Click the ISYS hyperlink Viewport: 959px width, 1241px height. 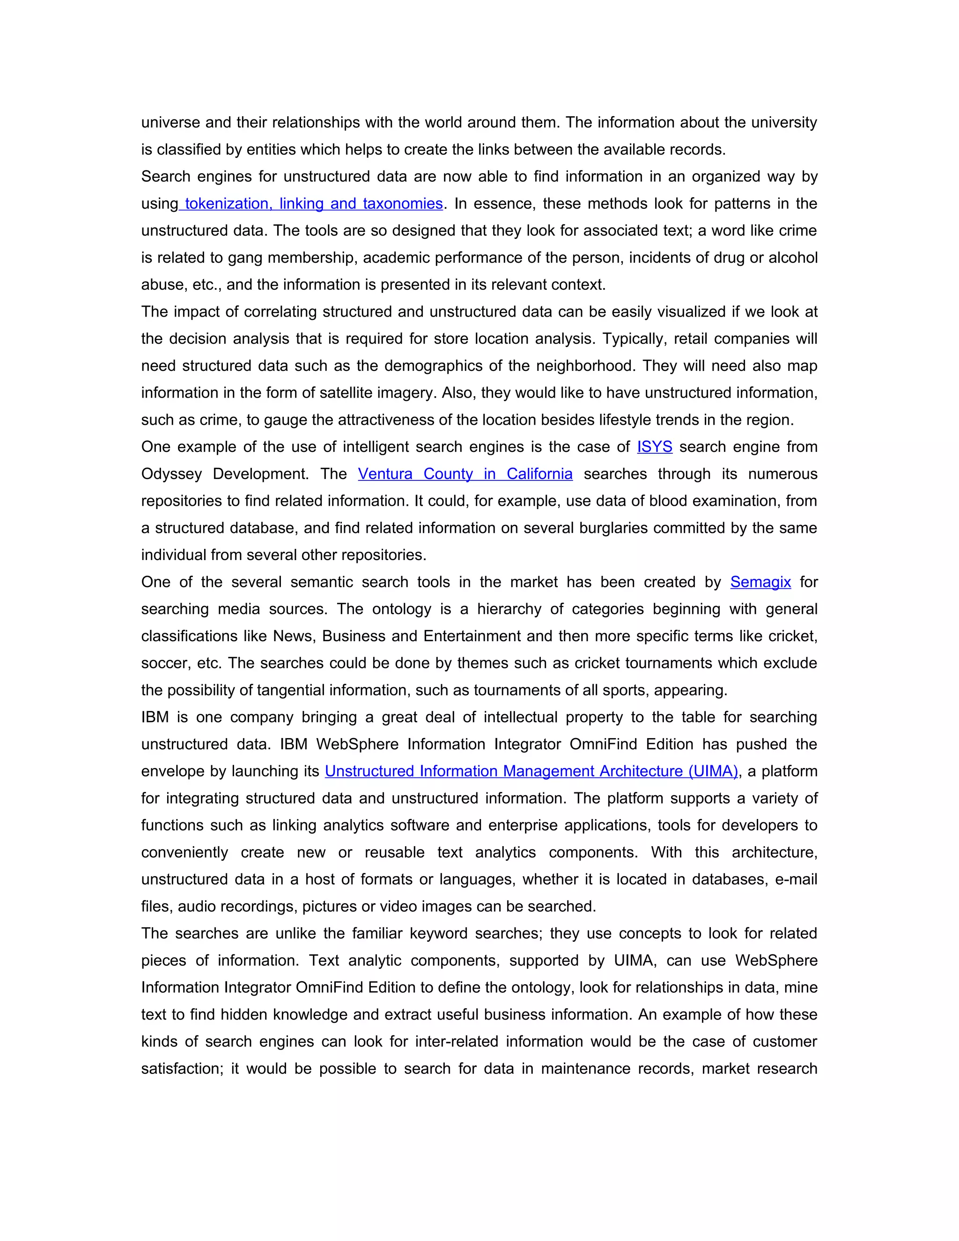(x=655, y=447)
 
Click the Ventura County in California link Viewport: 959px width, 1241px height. (x=465, y=474)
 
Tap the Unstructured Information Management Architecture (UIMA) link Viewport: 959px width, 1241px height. (x=531, y=771)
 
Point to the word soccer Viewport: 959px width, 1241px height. (x=165, y=663)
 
